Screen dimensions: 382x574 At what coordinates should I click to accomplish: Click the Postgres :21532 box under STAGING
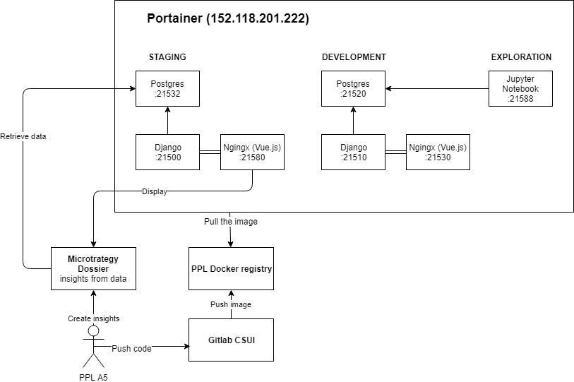coord(167,88)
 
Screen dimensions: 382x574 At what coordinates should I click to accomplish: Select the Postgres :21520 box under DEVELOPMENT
coord(353,88)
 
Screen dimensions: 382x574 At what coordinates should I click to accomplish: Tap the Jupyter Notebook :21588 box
coord(520,88)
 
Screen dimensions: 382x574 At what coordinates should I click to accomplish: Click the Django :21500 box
coord(167,152)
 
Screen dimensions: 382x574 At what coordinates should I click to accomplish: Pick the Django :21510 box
coord(353,152)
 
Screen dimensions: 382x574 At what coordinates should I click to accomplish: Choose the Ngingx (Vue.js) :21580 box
coord(253,152)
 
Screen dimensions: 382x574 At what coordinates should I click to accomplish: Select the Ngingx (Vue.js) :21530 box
coord(438,152)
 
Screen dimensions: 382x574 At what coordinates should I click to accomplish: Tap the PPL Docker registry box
coord(231,268)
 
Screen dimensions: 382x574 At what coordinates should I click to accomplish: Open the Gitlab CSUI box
coord(231,340)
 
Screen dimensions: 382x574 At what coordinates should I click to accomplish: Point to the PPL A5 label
coord(94,376)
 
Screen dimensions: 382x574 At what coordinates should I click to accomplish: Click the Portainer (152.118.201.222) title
coord(227,18)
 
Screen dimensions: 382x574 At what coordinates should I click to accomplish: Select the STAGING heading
coord(167,56)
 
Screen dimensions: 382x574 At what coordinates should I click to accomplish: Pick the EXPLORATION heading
coord(520,56)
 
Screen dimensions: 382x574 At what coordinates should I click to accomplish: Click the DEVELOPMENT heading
coord(354,56)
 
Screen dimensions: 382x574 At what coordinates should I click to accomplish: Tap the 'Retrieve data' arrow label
coord(23,136)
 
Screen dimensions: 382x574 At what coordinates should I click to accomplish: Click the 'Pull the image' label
coord(231,221)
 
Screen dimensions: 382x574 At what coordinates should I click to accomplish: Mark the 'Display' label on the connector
coord(154,191)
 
